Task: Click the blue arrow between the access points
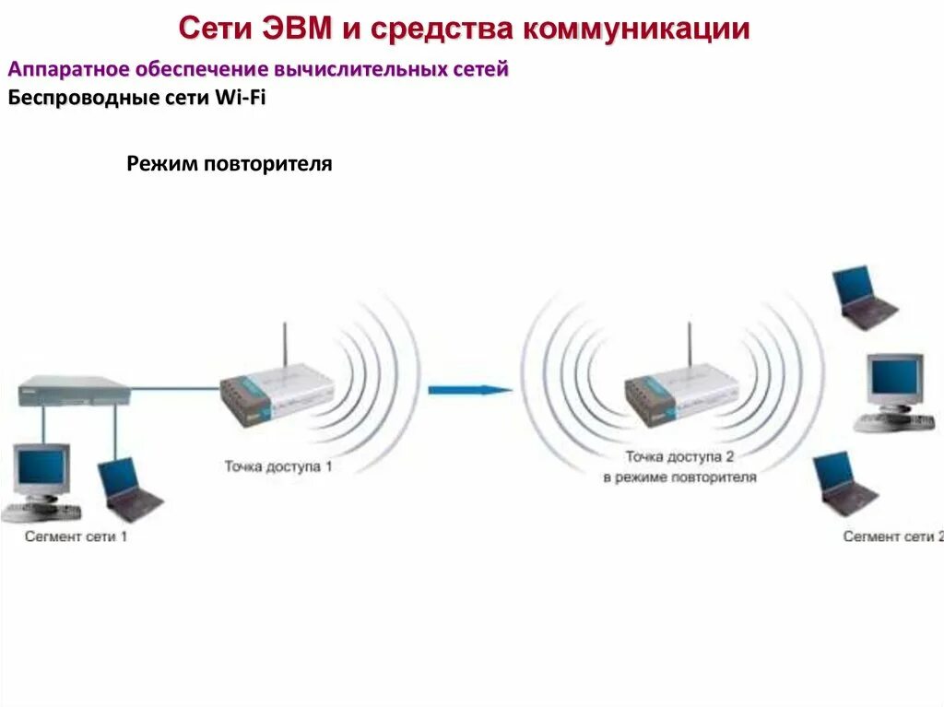click(469, 390)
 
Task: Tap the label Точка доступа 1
click(277, 466)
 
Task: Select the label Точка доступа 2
click(679, 456)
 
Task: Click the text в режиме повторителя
click(679, 477)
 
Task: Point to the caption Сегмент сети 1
click(77, 536)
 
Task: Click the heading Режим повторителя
click(229, 164)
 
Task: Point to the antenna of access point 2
click(690, 348)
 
